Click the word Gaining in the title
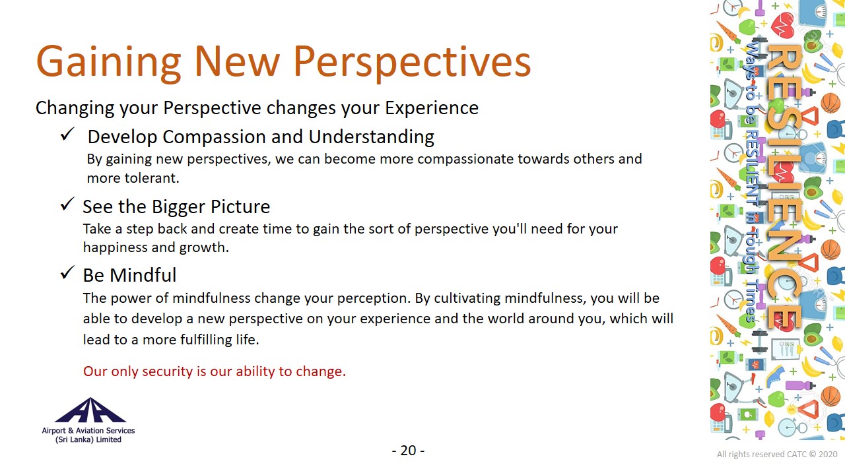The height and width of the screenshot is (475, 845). (109, 62)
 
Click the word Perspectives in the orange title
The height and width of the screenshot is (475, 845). (413, 62)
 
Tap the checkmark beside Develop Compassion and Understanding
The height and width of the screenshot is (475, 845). (68, 134)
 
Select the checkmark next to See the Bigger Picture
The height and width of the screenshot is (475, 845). (68, 204)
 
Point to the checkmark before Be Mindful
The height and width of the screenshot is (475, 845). (68, 272)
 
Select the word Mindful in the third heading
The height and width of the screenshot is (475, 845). (143, 275)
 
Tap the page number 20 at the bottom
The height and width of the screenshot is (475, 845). (408, 451)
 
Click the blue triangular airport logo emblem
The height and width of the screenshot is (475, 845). (90, 410)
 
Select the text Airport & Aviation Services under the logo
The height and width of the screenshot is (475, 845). (88, 431)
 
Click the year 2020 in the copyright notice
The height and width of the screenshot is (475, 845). (828, 455)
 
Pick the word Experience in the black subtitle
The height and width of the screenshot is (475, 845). (432, 108)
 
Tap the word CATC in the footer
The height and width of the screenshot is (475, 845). (797, 455)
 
